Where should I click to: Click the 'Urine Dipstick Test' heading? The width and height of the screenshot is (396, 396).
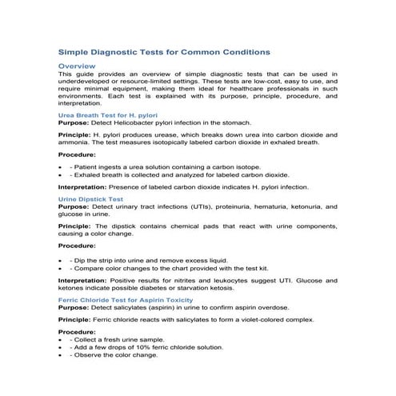(x=89, y=198)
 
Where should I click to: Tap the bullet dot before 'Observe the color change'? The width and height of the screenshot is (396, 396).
(x=62, y=355)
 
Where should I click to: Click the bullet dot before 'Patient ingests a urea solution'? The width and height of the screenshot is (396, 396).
(x=62, y=166)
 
